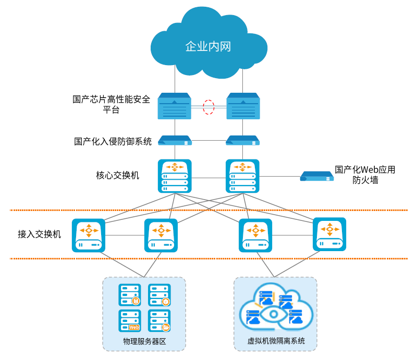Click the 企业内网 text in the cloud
click(208, 46)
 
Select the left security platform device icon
click(175, 106)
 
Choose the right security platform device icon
click(243, 106)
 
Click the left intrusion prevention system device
click(175, 140)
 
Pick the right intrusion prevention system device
click(242, 140)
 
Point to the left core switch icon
click(175, 176)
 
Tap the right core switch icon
click(242, 176)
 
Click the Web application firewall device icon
click(317, 176)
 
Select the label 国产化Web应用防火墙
click(365, 175)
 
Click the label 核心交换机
click(118, 176)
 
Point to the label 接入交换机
click(40, 234)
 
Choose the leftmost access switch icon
click(89, 235)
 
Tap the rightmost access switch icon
click(329, 234)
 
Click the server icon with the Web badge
click(129, 320)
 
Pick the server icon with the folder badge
click(160, 320)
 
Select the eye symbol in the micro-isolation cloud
click(274, 315)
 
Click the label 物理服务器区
click(144, 341)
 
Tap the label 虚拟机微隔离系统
click(276, 341)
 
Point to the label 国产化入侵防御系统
click(113, 142)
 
